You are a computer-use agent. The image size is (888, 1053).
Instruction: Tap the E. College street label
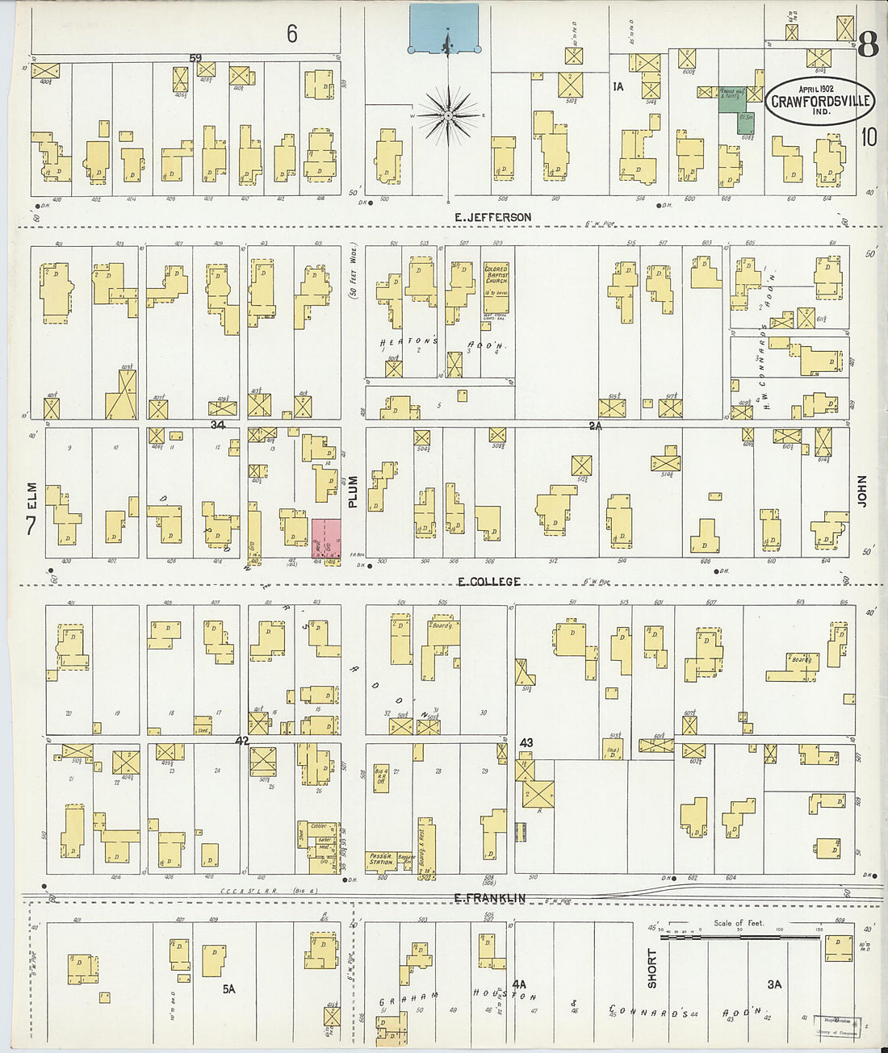tap(489, 582)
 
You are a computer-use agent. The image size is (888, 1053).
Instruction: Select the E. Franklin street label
tap(489, 898)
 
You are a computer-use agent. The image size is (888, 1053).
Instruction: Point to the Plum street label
tap(353, 491)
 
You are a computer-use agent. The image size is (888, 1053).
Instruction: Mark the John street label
tap(861, 490)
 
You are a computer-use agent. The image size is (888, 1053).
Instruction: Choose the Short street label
tap(652, 968)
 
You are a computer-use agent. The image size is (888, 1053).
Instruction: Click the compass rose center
tap(447, 117)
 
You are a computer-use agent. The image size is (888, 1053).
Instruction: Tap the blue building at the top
tap(443, 28)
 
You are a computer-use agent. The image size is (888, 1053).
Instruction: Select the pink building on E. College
tap(326, 537)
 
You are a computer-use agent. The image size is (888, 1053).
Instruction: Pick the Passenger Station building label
tap(382, 859)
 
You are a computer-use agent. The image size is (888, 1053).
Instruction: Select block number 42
tap(242, 741)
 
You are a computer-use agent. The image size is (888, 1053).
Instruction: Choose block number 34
tap(217, 424)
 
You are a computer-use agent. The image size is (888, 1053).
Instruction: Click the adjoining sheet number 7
tap(31, 526)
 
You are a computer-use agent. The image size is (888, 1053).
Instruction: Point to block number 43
tap(526, 742)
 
